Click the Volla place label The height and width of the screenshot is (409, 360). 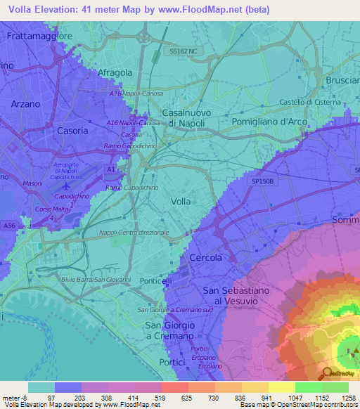181,201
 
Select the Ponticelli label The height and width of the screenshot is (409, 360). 155,281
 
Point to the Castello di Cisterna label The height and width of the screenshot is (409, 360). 310,103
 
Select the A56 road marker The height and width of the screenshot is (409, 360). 8,226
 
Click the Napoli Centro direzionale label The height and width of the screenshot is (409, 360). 134,232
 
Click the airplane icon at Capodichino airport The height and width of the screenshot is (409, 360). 66,187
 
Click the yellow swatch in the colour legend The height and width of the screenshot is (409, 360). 281,387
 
